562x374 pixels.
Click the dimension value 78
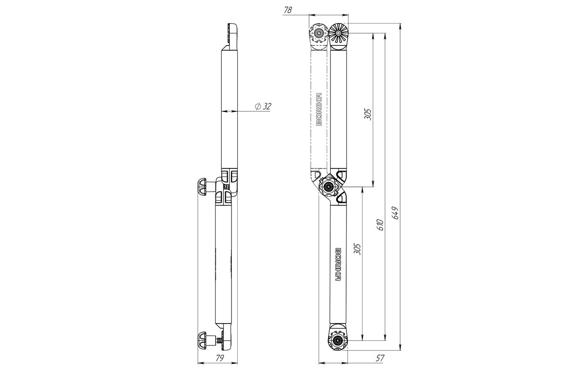(288, 10)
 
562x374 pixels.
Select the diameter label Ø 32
(263, 106)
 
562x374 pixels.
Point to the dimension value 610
(380, 225)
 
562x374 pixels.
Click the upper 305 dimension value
(368, 114)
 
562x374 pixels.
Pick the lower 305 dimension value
(357, 249)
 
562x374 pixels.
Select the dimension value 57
(380, 358)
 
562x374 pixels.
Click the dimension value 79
(219, 358)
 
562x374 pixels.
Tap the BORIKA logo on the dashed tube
(319, 110)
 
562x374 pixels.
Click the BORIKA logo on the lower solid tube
(338, 264)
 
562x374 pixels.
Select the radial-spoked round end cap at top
(339, 33)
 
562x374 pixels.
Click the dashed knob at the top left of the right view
(319, 33)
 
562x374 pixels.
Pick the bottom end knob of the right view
(338, 340)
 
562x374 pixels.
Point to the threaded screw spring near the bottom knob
(219, 340)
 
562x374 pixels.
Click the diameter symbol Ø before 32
(258, 106)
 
